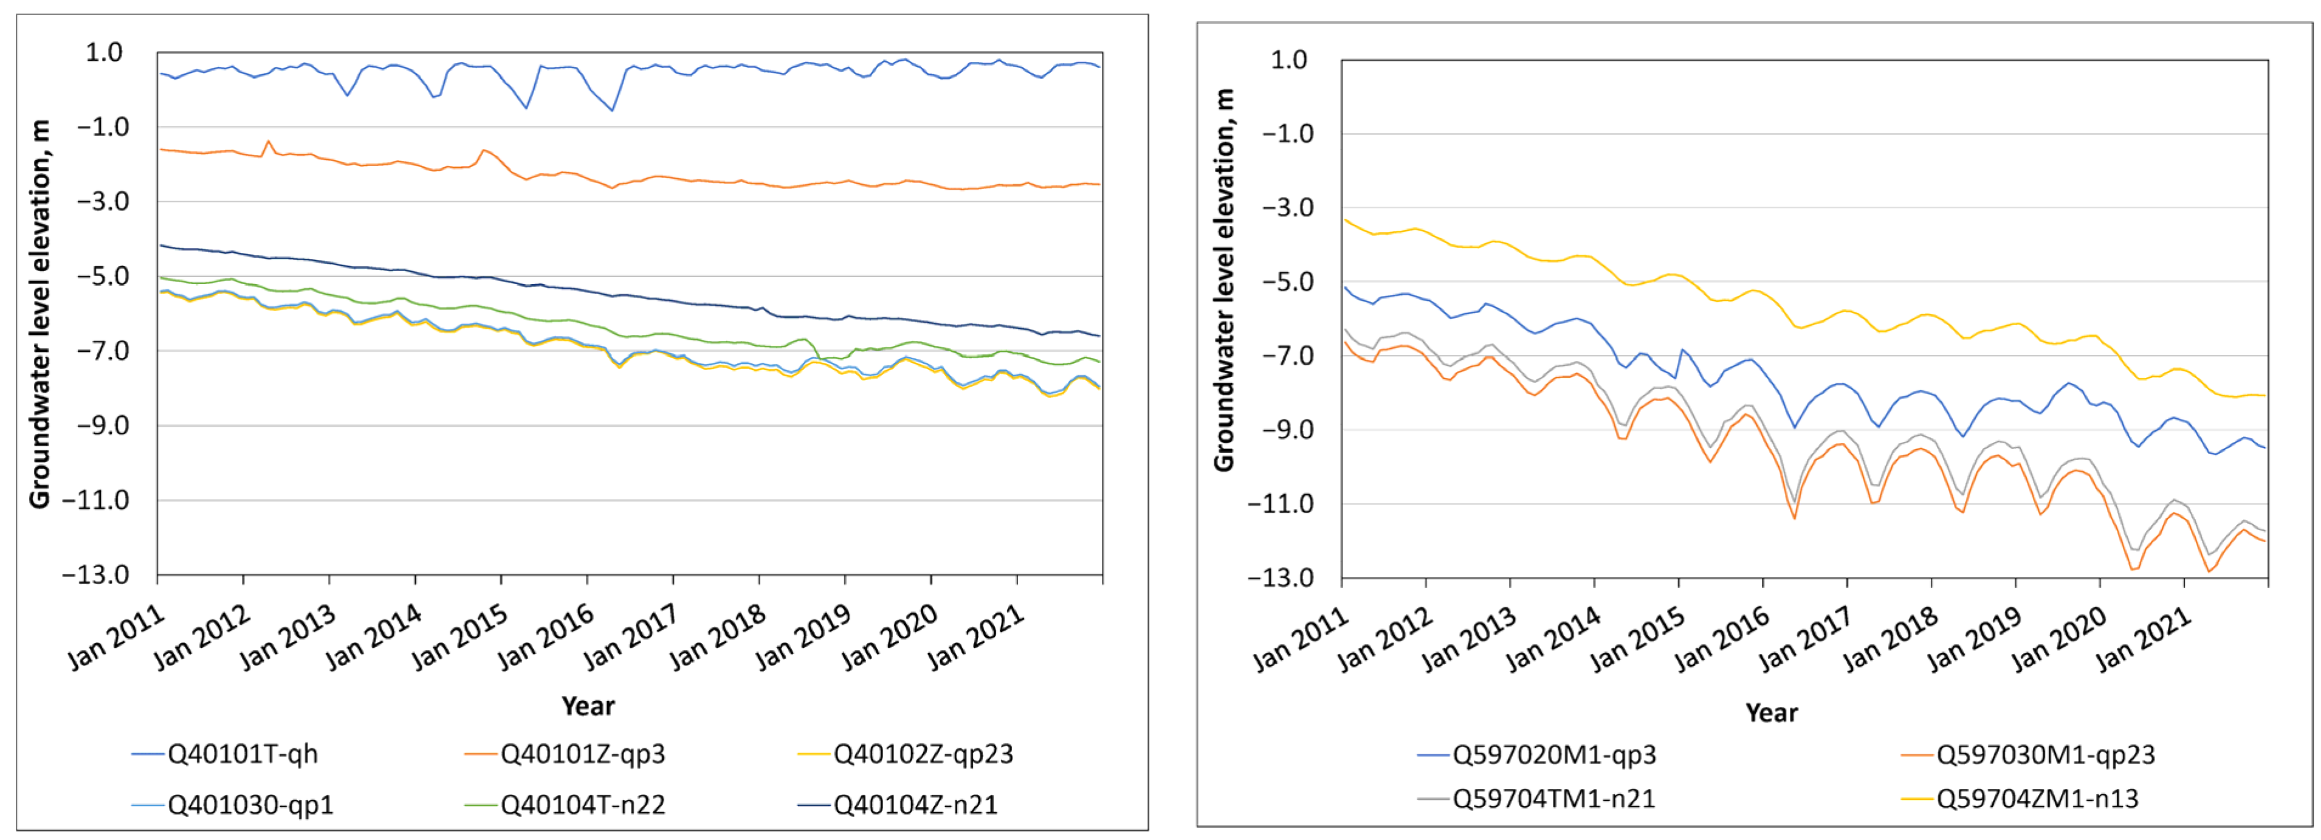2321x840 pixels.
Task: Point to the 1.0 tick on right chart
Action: pyautogui.click(x=1288, y=60)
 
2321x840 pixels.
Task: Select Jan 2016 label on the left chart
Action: pyautogui.click(x=546, y=637)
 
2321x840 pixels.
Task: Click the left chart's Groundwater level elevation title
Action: pyautogui.click(x=40, y=314)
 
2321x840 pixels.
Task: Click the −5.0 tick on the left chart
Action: pyautogui.click(x=103, y=276)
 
